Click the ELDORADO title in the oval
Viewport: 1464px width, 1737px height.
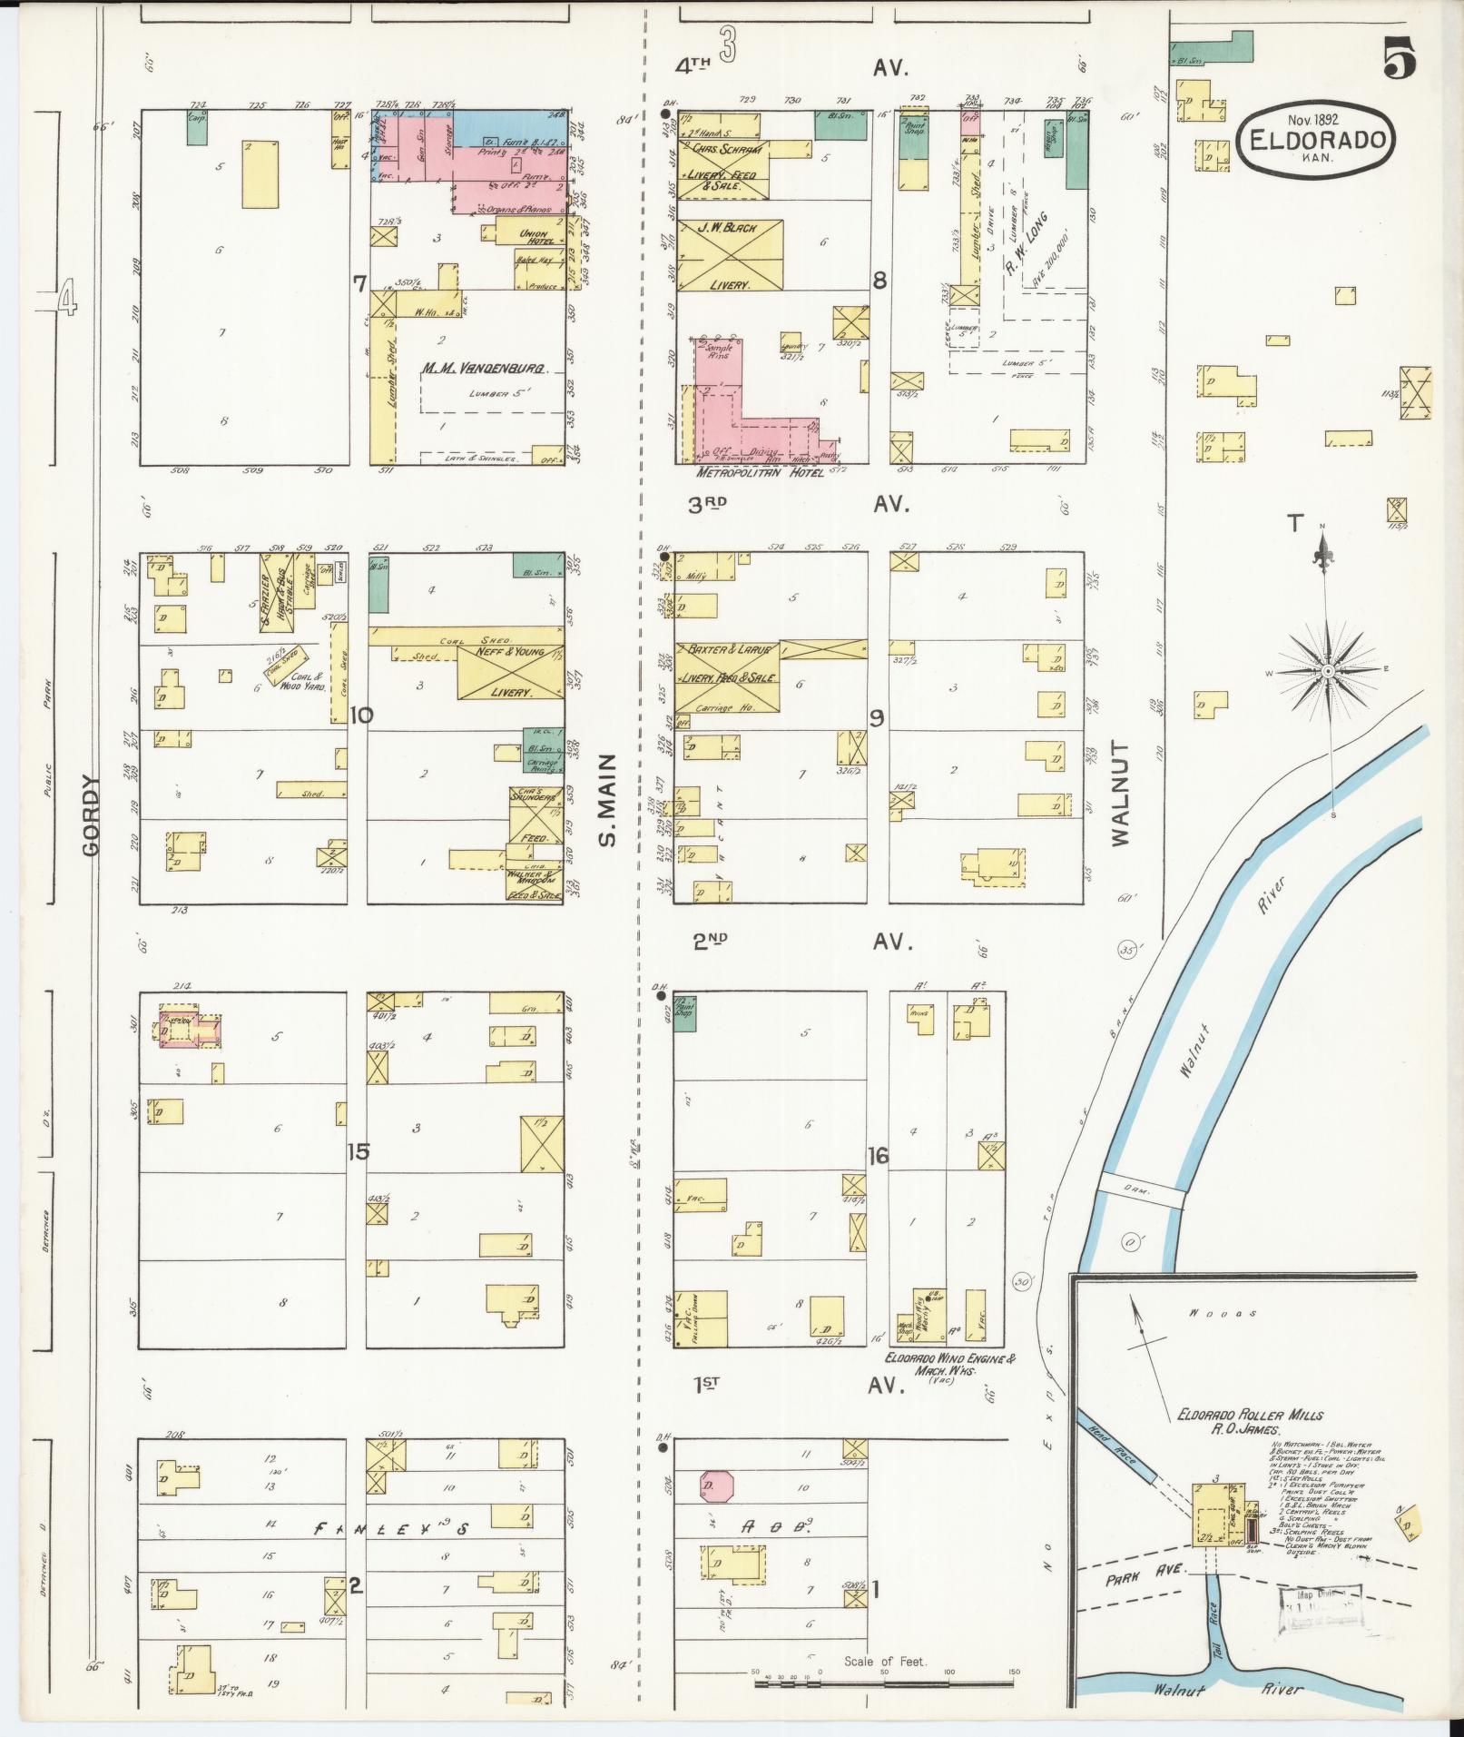(1319, 141)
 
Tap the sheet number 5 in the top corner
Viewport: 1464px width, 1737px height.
(1400, 61)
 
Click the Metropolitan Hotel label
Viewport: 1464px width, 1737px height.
(759, 474)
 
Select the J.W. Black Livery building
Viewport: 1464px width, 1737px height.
(730, 255)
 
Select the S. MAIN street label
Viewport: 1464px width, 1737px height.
(608, 798)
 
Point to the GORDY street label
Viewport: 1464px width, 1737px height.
(91, 814)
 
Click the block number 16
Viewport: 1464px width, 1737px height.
(878, 1156)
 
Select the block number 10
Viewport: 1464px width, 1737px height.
(361, 716)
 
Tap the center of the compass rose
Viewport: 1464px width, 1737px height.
(1328, 670)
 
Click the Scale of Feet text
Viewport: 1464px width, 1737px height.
(884, 1662)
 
